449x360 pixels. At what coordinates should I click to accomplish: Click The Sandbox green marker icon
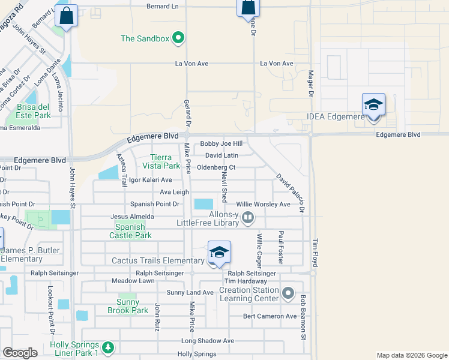178,38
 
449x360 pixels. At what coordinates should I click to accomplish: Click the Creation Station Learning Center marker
288,293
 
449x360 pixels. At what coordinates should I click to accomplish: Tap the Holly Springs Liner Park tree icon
108,347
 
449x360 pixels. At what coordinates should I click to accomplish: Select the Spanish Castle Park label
130,231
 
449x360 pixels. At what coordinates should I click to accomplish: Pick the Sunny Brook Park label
127,306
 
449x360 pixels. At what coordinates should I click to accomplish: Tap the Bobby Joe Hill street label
221,144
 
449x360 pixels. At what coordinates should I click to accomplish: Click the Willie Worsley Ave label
263,204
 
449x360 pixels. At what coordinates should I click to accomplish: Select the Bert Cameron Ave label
270,316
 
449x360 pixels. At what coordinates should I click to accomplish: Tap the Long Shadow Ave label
208,341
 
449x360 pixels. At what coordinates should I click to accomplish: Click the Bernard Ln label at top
163,6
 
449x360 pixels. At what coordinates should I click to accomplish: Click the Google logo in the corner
20,353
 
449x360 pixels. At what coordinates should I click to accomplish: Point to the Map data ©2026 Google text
411,355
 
